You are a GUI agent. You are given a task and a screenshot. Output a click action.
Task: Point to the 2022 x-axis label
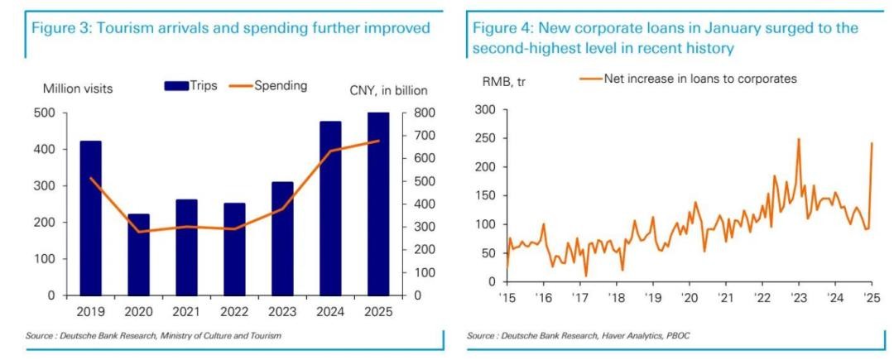coord(234,313)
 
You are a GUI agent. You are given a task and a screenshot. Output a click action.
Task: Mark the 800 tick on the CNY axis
coord(415,113)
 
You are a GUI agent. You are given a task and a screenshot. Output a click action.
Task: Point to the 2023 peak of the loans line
coord(798,139)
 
